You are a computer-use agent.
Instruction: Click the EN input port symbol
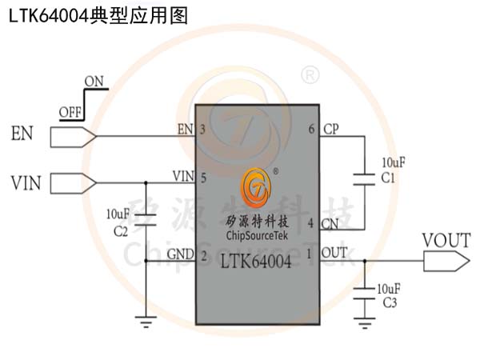(73, 137)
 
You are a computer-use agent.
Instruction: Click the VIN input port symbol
(73, 183)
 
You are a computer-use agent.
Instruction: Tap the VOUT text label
(445, 239)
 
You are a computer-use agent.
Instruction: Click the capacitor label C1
(389, 178)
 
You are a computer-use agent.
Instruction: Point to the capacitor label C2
(121, 231)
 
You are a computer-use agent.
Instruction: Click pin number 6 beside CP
(311, 130)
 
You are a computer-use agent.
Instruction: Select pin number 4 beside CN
(311, 224)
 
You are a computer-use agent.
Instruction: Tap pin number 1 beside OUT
(311, 254)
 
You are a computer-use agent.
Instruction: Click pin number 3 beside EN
(203, 130)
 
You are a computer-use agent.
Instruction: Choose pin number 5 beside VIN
(203, 177)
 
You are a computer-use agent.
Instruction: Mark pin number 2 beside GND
(203, 256)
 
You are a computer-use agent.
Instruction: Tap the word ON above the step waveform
(94, 81)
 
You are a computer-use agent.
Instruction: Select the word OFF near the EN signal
(70, 111)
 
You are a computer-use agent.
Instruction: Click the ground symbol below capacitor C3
(366, 324)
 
